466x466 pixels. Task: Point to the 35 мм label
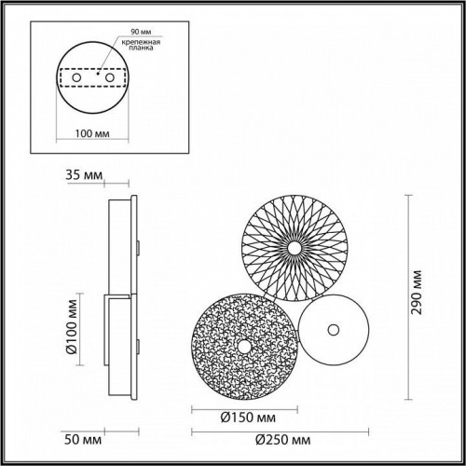pyautogui.click(x=81, y=173)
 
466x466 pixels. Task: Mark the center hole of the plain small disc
pyautogui.click(x=333, y=329)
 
